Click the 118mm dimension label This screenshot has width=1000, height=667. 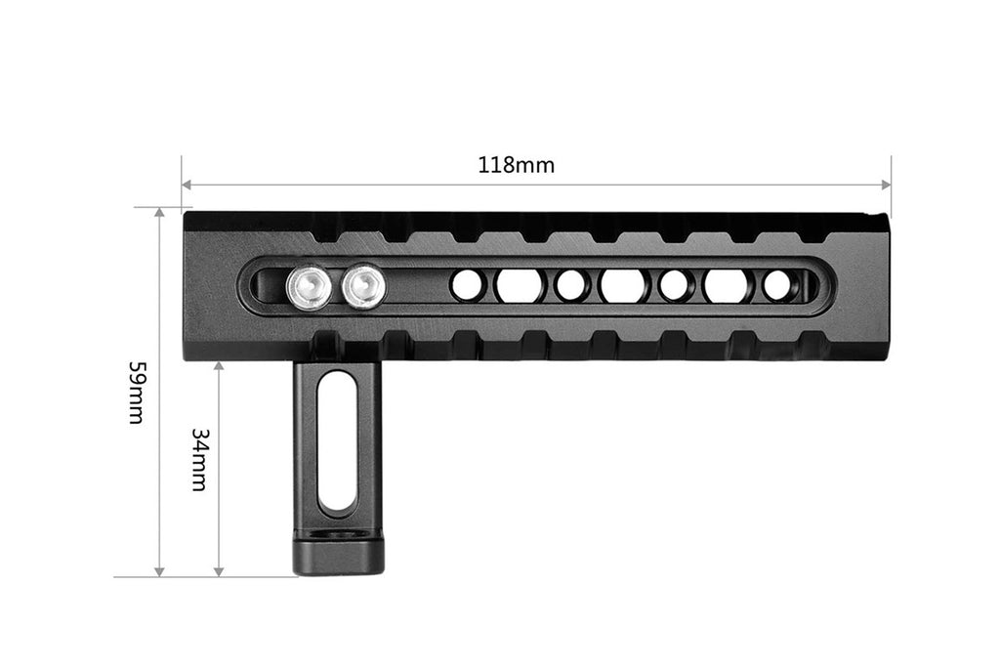[x=516, y=165]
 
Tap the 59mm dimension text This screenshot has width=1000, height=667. [x=137, y=393]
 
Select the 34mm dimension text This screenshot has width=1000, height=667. [x=199, y=459]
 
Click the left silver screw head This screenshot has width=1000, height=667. [x=309, y=286]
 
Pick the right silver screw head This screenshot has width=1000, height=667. [x=363, y=286]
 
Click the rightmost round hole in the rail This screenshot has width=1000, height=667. [x=776, y=284]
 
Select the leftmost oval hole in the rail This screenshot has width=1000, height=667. [x=520, y=284]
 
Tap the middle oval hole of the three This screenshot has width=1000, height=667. [x=622, y=284]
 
